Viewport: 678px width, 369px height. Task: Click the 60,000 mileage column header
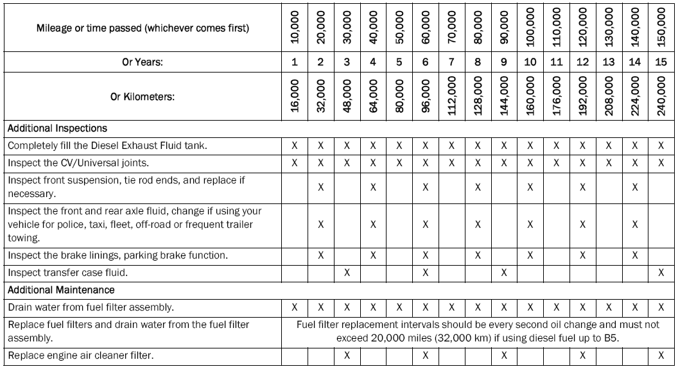point(426,28)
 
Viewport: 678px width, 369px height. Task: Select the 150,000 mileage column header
point(662,28)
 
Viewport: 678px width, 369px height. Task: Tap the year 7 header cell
point(452,63)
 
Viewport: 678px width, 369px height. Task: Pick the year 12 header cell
point(583,63)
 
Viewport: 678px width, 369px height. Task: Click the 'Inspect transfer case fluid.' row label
point(61,273)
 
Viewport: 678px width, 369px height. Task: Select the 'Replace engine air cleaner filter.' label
point(73,355)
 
